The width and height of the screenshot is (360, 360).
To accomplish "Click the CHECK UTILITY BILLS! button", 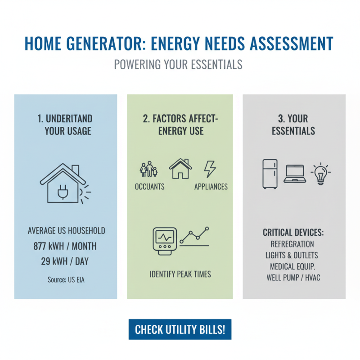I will click(180, 329).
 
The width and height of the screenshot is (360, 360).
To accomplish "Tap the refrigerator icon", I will click(270, 174).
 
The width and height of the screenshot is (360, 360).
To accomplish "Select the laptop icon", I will click(294, 174).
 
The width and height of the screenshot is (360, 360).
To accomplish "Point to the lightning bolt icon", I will click(210, 169).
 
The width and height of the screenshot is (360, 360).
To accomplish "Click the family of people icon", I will click(149, 170).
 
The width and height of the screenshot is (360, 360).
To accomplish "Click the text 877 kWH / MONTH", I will click(65, 246).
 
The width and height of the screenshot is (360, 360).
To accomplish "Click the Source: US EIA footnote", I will click(66, 279).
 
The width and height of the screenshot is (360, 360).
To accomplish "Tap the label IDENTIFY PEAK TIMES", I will click(180, 274).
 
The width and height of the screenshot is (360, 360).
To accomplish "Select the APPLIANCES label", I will click(211, 186).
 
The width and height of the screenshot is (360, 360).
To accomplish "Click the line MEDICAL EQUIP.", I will click(293, 266).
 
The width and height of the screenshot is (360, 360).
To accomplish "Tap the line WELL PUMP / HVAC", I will click(293, 277).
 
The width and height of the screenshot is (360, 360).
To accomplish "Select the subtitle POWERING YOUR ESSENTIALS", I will click(178, 64).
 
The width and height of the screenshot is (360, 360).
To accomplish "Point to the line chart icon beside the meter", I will click(195, 236).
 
